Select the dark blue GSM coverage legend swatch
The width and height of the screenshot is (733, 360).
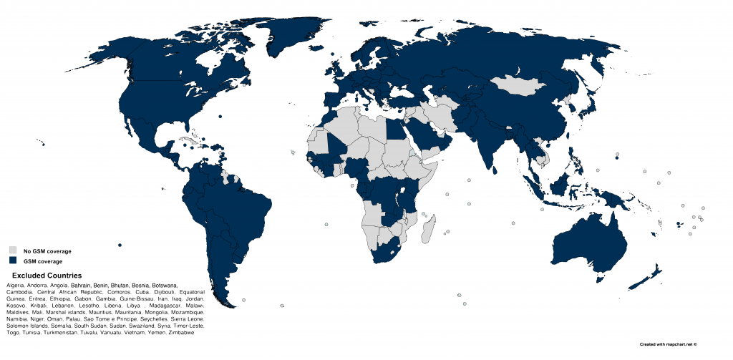13,261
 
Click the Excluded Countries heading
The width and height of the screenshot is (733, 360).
47,276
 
